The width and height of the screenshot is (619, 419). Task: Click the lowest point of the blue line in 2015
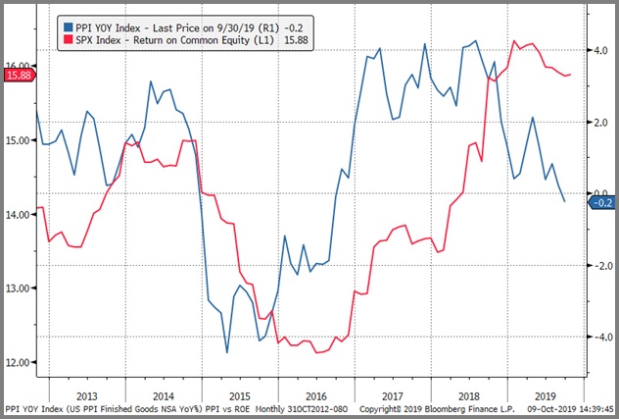[226, 352]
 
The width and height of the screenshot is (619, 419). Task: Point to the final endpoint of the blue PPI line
[564, 202]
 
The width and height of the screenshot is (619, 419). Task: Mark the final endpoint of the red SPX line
[571, 75]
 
